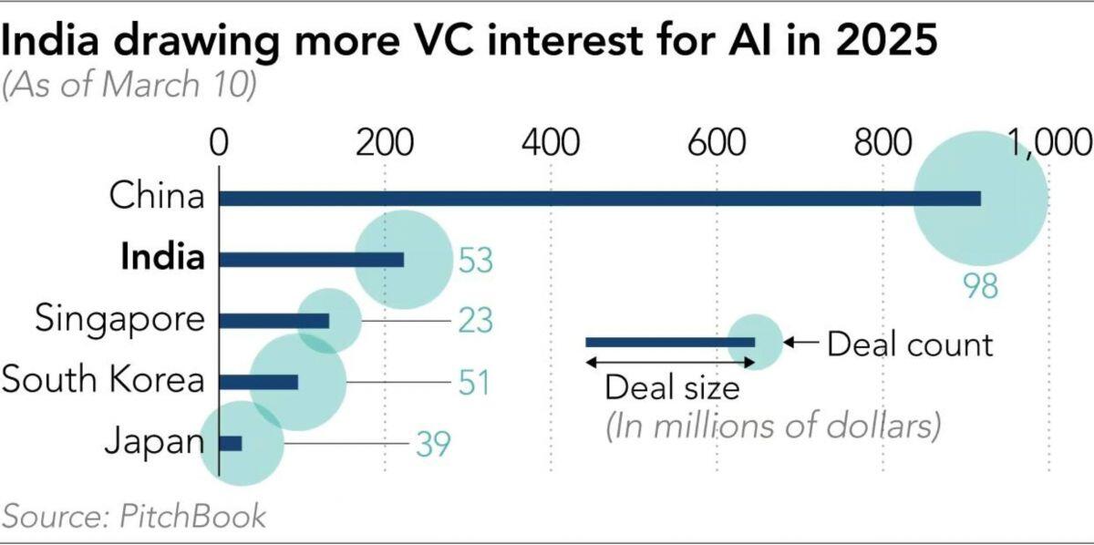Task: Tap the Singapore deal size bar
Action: click(274, 321)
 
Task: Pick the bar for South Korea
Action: click(259, 382)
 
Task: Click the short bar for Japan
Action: click(232, 443)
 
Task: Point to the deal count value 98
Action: click(981, 286)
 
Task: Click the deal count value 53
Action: click(474, 261)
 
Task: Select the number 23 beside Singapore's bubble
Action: click(474, 321)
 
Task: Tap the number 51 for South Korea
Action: click(472, 382)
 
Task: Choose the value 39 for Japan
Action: click(434, 444)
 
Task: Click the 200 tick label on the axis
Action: click(385, 144)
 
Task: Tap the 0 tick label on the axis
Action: click(219, 144)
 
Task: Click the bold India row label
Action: click(162, 258)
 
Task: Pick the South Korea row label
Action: click(103, 379)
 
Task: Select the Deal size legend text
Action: click(673, 388)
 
